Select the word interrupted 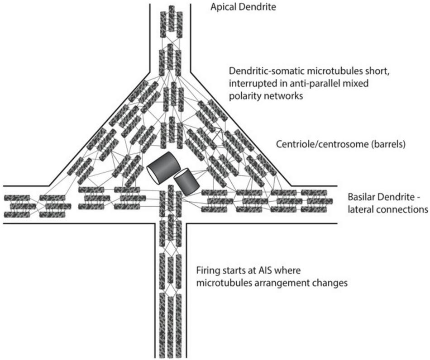250,84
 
